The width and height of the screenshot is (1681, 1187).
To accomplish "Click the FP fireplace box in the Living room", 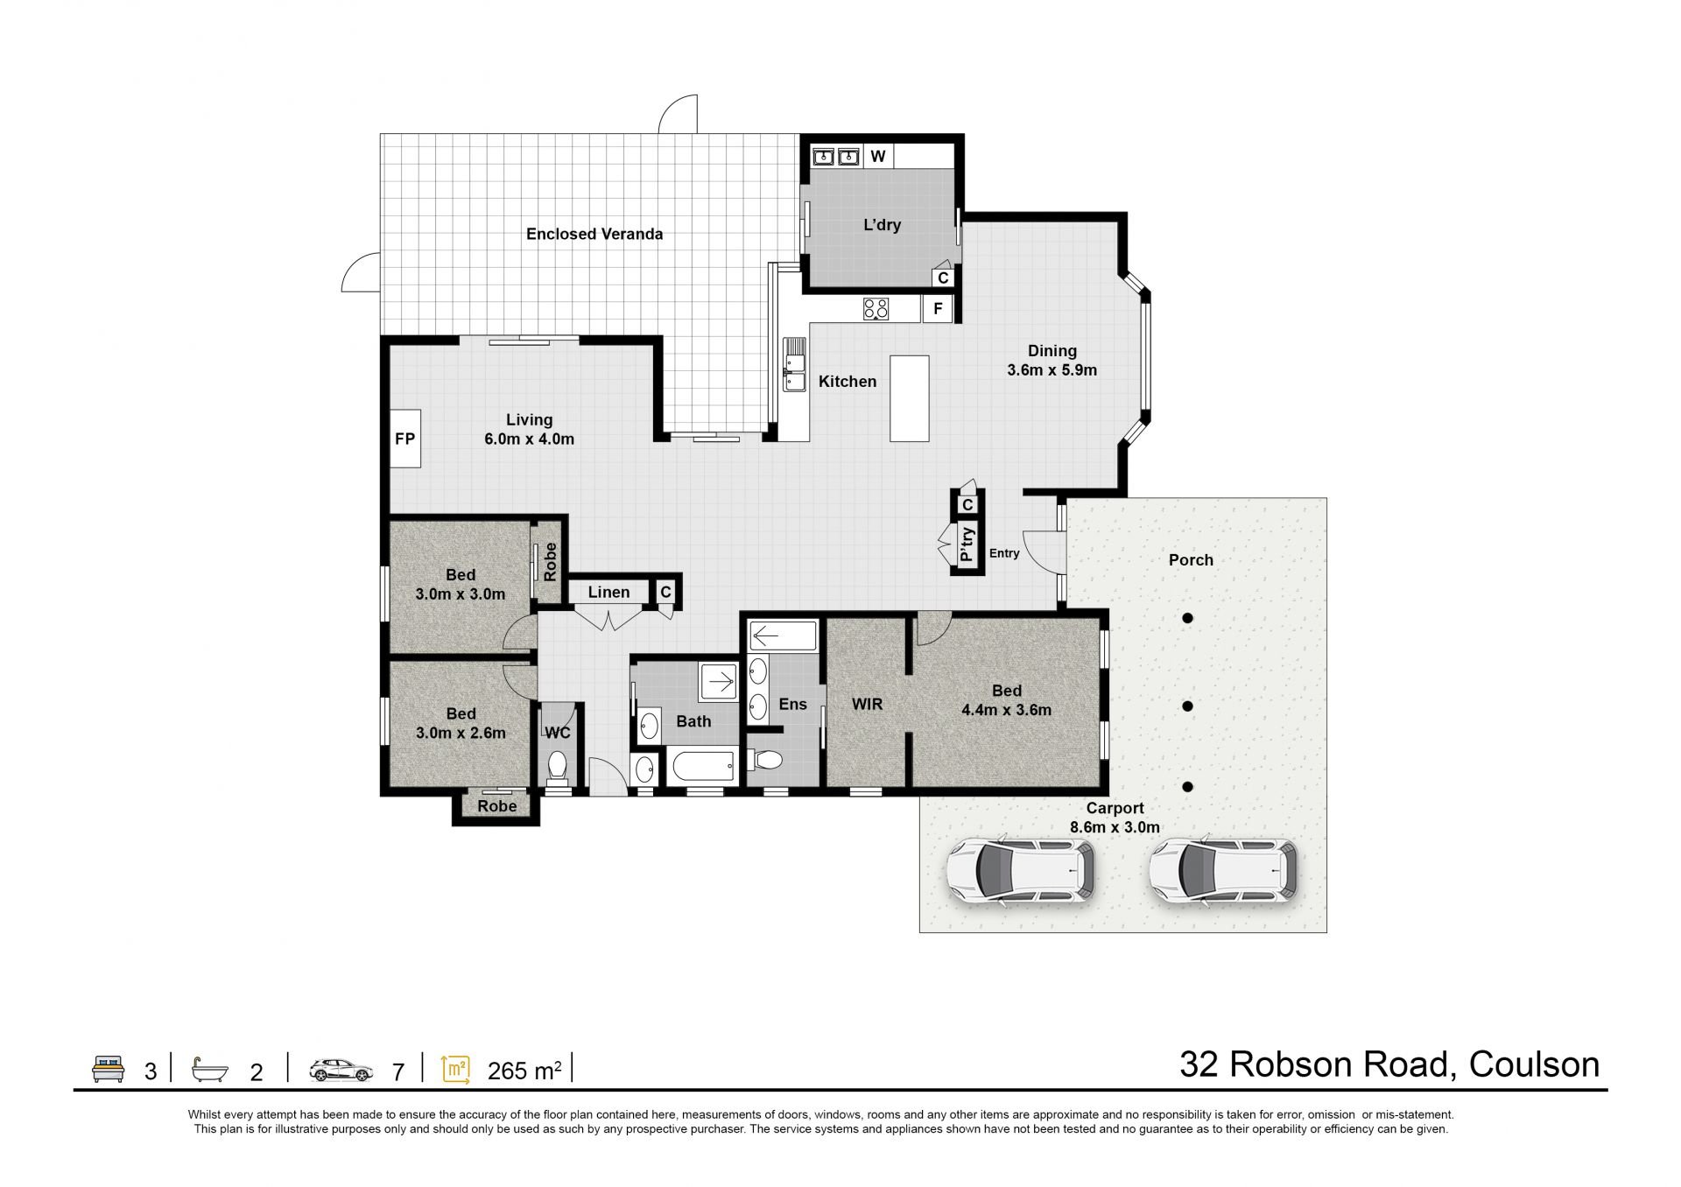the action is coord(404,439).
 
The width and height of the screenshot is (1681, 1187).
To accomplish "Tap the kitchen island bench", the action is coord(910,398).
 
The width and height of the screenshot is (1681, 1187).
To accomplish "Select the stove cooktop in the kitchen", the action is coord(876,309).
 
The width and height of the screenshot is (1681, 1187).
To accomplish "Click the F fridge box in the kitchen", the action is coord(938,309).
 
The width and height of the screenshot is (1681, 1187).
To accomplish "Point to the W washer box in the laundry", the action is coord(878,157).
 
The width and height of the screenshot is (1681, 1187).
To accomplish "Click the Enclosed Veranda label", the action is coord(594,234).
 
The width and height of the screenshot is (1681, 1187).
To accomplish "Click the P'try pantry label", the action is coord(967,544).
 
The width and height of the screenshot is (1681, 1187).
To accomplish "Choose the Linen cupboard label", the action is coord(608,593).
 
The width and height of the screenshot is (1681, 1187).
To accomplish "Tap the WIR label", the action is coord(867,704).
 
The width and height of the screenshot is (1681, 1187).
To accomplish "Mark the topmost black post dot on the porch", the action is coord(1187,618).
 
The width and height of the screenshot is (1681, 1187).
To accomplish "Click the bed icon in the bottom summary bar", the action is coord(109,1069).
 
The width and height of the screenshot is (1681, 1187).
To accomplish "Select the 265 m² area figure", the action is coord(524,1070).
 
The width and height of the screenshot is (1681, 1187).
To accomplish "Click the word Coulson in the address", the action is coord(1534,1064).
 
